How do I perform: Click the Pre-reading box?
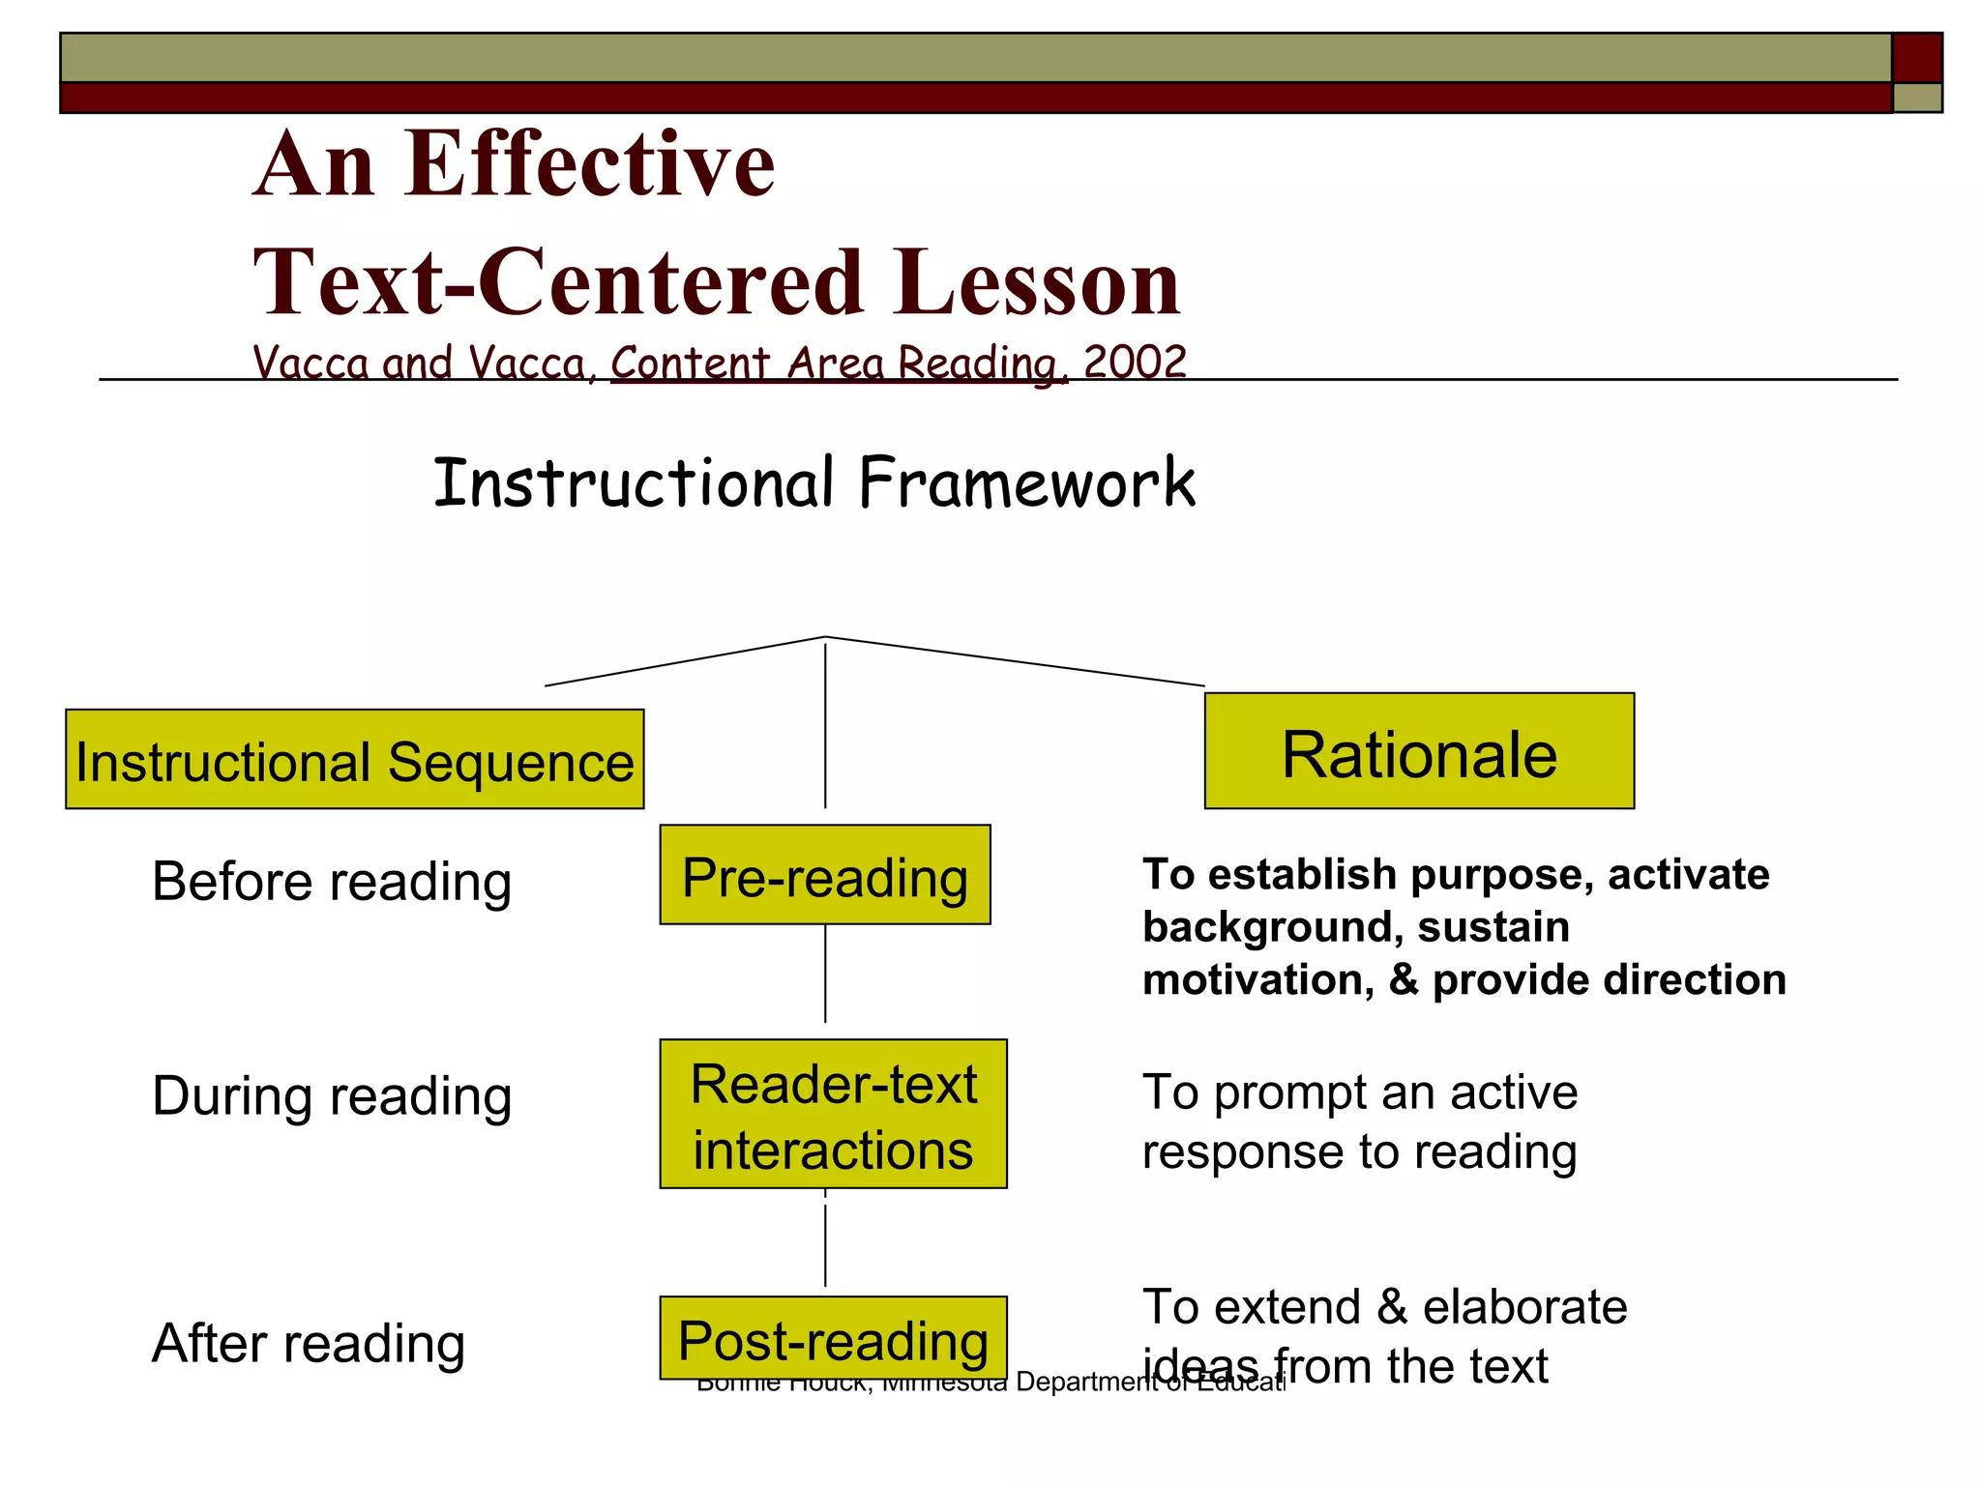824,875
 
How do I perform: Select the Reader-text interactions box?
833,1114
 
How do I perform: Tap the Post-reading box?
833,1338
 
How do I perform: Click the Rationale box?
1418,751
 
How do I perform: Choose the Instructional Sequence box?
354,760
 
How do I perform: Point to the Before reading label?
332,882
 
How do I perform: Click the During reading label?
332,1096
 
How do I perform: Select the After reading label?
309,1344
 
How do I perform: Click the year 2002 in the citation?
1135,363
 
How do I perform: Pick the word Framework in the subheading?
1026,482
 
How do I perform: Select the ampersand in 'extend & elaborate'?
1391,1307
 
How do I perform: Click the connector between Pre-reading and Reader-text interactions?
825,973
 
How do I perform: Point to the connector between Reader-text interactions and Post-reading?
825,1239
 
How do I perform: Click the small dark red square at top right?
1916,58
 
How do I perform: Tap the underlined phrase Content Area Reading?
838,364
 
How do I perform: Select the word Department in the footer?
1085,1383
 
